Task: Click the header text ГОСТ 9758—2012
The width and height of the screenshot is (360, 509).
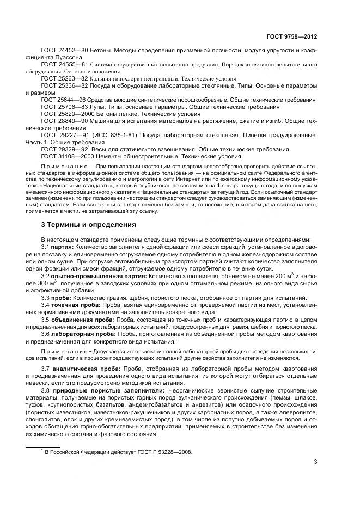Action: coord(291,36)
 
